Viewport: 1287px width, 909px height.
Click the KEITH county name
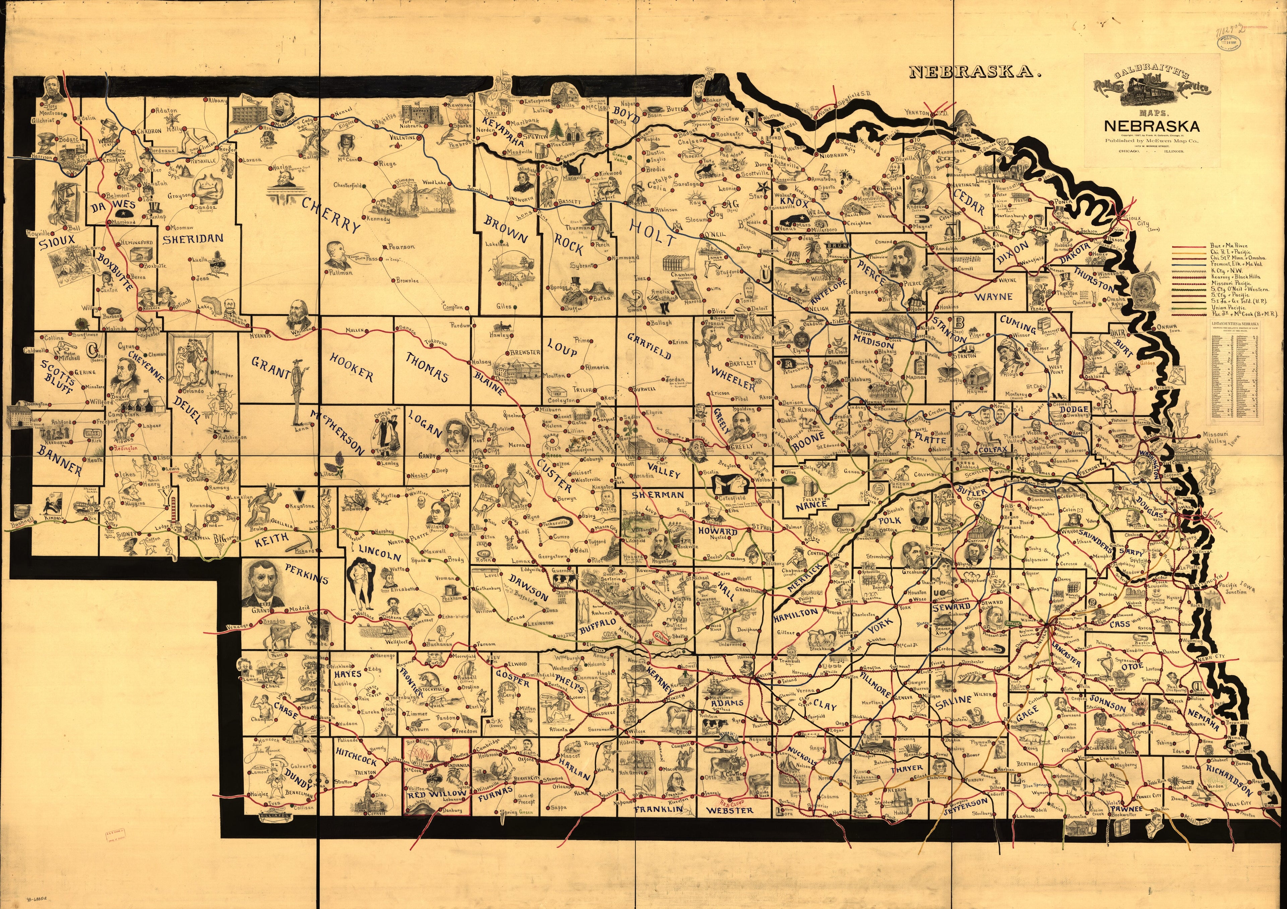pyautogui.click(x=272, y=540)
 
